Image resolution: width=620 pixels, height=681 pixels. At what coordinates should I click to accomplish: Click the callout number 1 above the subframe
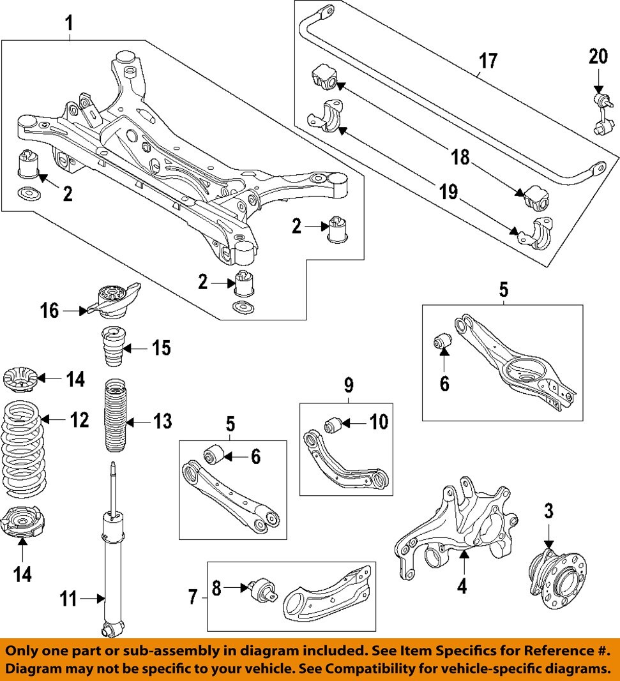point(68,25)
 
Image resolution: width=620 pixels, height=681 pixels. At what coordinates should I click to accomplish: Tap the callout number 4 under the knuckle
point(462,585)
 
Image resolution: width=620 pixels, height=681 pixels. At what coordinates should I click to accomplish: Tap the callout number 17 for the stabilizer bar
point(488,61)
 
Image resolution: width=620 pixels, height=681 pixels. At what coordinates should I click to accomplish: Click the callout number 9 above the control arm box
point(349,385)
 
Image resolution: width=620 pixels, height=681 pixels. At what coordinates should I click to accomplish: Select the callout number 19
point(448,192)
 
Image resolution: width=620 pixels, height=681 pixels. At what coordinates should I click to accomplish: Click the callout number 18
point(460,156)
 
